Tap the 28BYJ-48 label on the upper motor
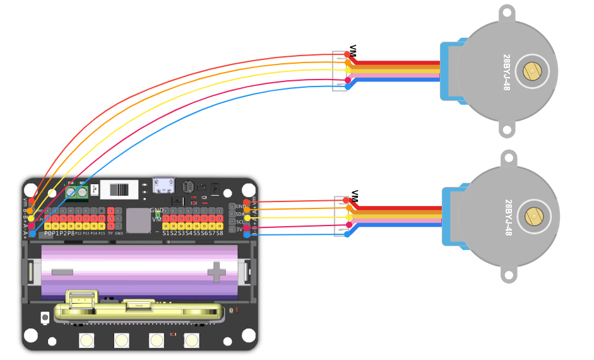point(506,72)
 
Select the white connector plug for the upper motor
point(340,71)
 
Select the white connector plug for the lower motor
point(341,217)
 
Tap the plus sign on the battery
point(217,272)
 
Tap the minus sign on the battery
point(62,272)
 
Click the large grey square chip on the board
point(138,220)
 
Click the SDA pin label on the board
point(241,214)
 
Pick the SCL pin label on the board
point(241,222)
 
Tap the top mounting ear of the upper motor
point(507,13)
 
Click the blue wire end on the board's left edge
point(32,234)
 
